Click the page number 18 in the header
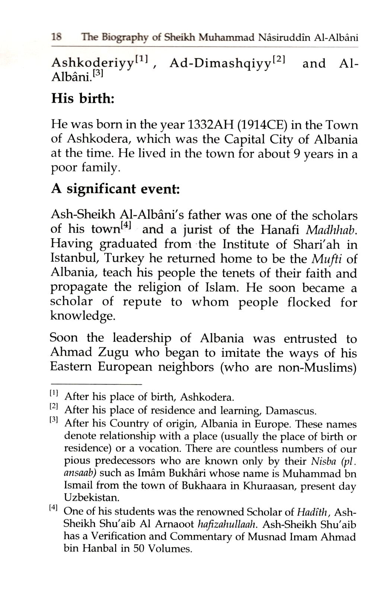tap(57, 37)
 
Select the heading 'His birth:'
tap(83, 99)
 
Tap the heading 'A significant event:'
tap(115, 189)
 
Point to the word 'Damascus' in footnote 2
tap(290, 411)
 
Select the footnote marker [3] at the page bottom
tap(54, 420)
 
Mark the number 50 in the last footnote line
tap(138, 549)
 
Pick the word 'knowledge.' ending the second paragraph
tap(81, 316)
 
